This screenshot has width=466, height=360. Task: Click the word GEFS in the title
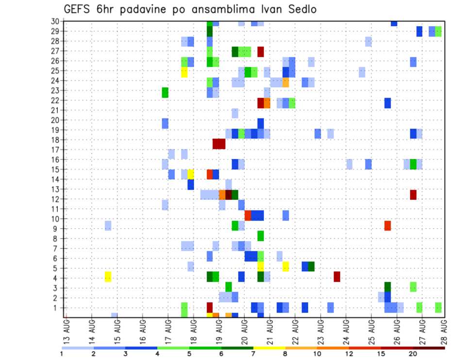click(x=78, y=9)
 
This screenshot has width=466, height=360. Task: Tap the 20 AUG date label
click(x=245, y=329)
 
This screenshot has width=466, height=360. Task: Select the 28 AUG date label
click(x=444, y=329)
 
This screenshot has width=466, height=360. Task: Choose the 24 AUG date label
click(x=346, y=329)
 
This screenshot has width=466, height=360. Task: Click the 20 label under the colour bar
click(x=413, y=354)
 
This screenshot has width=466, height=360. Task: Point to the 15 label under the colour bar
click(x=381, y=354)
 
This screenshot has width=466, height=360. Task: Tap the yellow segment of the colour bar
click(x=269, y=347)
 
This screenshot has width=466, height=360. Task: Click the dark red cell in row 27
click(x=261, y=51)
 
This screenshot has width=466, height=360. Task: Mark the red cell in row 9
click(x=387, y=226)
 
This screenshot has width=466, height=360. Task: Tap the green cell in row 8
click(x=261, y=236)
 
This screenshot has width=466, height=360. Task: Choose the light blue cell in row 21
click(x=235, y=113)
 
